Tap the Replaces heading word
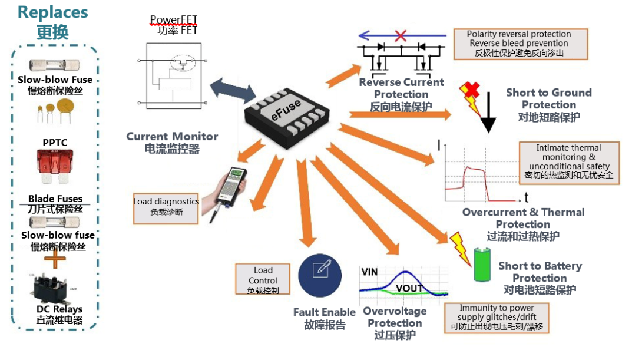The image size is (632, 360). [x=53, y=12]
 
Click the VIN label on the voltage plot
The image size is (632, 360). [x=369, y=273]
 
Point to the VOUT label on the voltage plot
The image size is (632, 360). [x=409, y=288]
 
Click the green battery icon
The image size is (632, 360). [x=482, y=265]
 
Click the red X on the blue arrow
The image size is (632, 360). [x=401, y=35]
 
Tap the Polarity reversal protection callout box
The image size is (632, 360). [x=520, y=44]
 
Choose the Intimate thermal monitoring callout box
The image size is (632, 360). [x=569, y=162]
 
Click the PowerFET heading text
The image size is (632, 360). [x=173, y=20]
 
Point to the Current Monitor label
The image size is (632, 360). [x=172, y=137]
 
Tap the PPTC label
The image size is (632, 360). [x=54, y=142]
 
